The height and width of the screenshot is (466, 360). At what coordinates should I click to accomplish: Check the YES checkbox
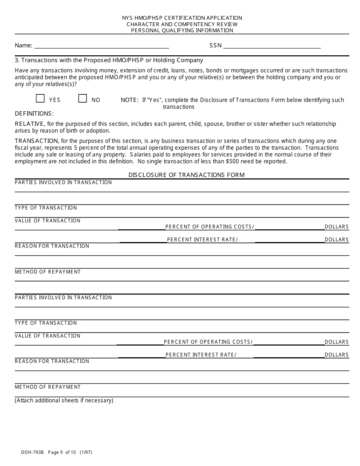[x=40, y=99]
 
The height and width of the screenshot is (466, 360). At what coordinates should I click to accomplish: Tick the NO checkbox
[x=83, y=99]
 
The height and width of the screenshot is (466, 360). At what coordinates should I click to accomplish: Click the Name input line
[x=101, y=46]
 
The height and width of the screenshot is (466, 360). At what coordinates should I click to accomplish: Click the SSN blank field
[x=272, y=46]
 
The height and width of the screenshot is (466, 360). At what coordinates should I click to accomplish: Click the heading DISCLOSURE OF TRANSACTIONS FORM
[x=186, y=175]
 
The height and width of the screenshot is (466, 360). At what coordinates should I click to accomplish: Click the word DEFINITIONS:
[x=34, y=114]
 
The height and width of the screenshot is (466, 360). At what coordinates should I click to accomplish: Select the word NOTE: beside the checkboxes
[x=130, y=100]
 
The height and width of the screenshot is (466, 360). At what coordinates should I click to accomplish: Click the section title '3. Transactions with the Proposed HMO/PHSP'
[x=109, y=60]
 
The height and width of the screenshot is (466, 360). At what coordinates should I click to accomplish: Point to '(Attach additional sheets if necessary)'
[x=64, y=400]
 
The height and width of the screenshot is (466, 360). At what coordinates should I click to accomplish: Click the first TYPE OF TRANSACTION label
[x=46, y=208]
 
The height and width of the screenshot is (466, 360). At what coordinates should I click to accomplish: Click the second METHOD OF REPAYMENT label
[x=48, y=387]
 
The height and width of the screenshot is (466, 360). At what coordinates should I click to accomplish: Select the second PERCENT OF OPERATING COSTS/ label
[x=208, y=342]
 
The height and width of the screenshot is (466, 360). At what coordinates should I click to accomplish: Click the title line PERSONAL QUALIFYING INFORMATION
[x=182, y=30]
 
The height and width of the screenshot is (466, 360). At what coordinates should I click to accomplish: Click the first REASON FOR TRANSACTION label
[x=52, y=246]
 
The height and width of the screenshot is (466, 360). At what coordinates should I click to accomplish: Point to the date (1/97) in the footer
[x=86, y=452]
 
